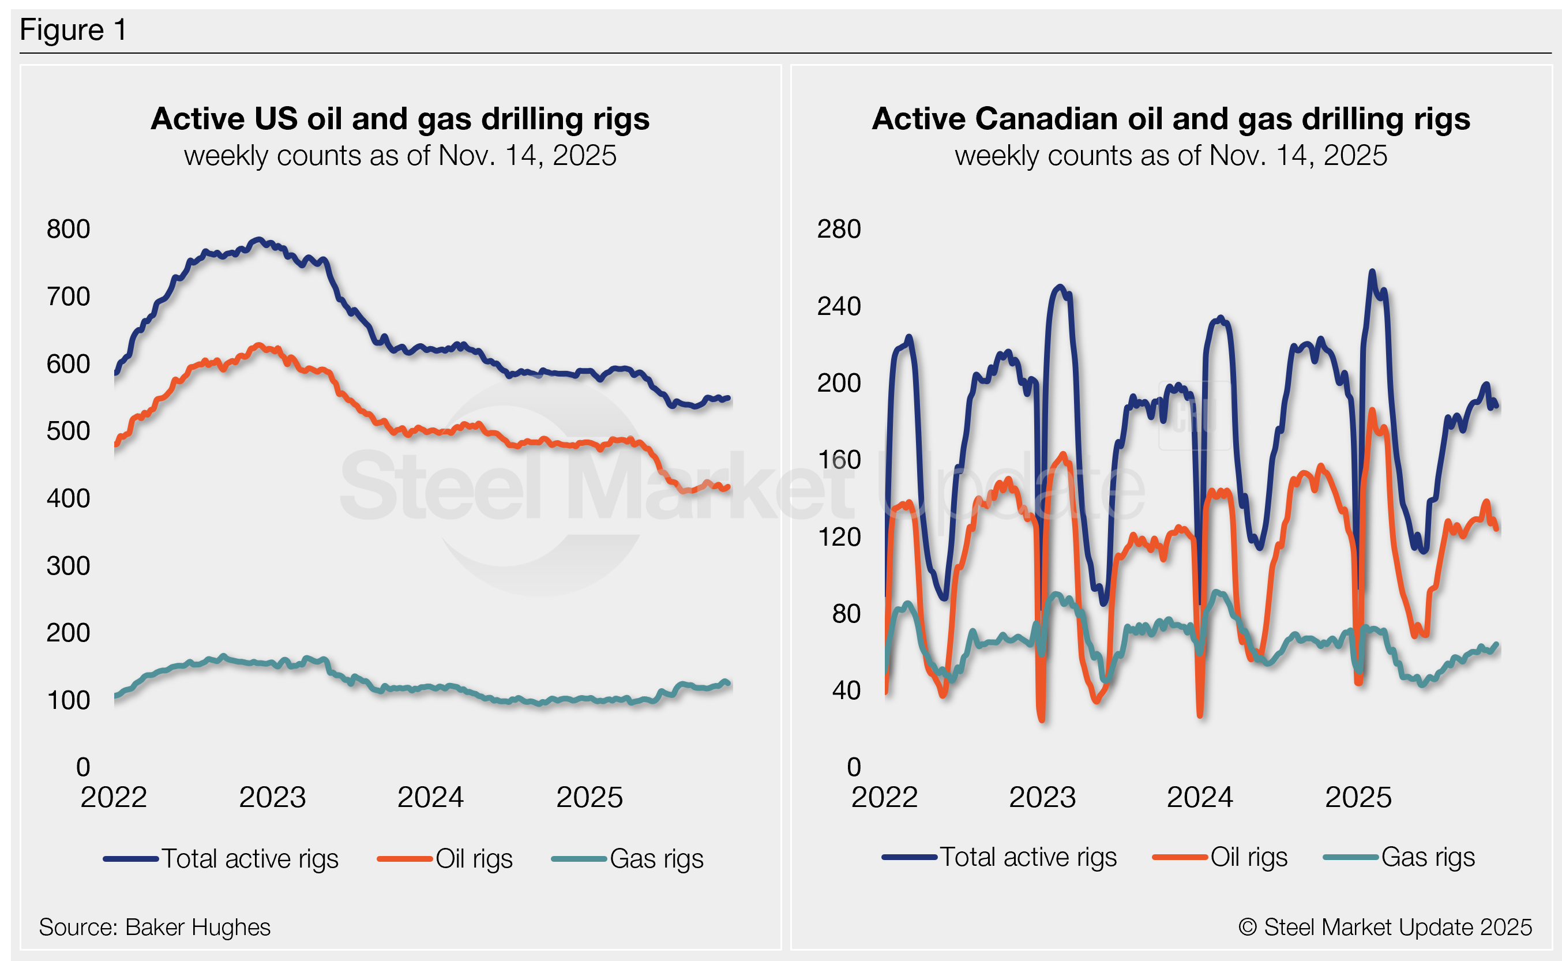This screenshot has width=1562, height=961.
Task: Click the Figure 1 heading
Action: (73, 30)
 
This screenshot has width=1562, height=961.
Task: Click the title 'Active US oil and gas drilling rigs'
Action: (400, 119)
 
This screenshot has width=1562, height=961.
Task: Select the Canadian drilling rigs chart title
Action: (1170, 119)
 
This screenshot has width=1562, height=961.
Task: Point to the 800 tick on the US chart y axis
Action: (68, 230)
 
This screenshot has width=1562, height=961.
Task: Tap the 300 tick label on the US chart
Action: (68, 566)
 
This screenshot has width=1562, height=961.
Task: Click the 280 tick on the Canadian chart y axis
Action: (838, 230)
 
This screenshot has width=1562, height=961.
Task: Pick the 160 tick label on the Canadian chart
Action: (838, 460)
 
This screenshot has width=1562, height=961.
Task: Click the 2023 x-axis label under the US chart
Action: (272, 797)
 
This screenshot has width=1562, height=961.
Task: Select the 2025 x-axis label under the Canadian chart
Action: (1358, 797)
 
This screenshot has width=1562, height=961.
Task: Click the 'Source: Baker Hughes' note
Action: (155, 928)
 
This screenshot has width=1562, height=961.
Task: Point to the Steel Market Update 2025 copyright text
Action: (1385, 928)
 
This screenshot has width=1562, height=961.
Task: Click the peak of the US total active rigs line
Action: (257, 239)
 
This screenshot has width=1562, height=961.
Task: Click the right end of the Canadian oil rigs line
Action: (1497, 528)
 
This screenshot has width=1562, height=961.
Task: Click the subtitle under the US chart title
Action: (400, 156)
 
